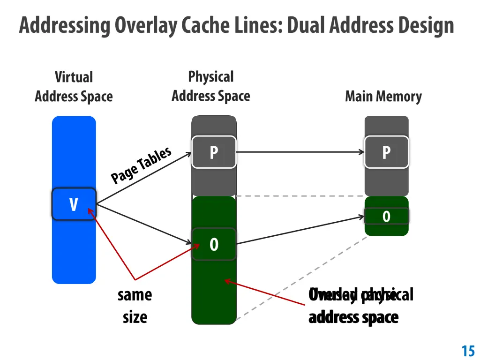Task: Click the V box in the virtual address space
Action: point(74,204)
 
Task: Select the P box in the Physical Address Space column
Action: point(214,152)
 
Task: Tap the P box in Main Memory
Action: point(386,152)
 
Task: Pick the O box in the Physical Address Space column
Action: point(214,244)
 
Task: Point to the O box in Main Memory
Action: point(386,216)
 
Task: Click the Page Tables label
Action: point(141,165)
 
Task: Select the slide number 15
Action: point(468,351)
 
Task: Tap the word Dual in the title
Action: point(307,25)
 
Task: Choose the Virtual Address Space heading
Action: point(74,87)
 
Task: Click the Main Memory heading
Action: point(383,97)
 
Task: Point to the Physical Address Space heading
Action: point(211,86)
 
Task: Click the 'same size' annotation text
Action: point(135,306)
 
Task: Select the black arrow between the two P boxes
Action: point(300,152)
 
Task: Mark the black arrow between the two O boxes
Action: point(300,230)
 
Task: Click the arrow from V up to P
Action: point(143,178)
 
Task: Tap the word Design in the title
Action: point(426,26)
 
